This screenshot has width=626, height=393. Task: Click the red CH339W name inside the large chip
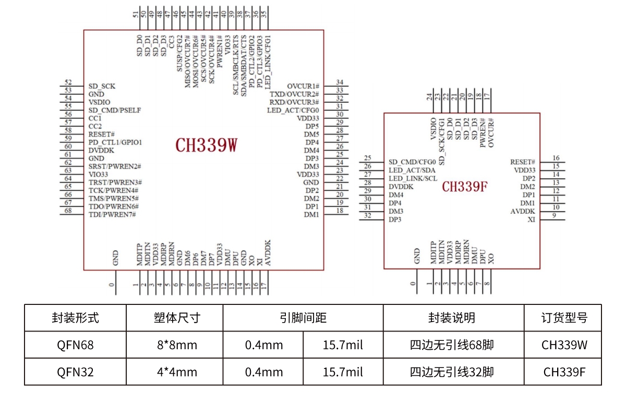tap(206, 145)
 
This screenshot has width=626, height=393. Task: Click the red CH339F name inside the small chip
tap(465, 187)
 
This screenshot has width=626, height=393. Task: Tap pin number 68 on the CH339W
tap(68, 210)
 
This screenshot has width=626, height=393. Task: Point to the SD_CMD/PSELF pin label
tap(114, 110)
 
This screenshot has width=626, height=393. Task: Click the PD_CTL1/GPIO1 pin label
tap(115, 142)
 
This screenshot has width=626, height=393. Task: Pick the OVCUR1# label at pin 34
tap(303, 86)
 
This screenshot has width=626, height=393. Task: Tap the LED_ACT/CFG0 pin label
tap(293, 110)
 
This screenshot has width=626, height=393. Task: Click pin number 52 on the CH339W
tap(68, 82)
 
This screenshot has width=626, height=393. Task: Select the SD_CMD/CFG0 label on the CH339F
tap(412, 162)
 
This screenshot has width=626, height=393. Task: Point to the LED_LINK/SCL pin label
tap(413, 179)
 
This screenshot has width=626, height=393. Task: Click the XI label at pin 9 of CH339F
tap(531, 219)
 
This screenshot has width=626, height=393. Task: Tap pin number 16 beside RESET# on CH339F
tap(556, 158)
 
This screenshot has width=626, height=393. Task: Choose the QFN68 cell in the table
tap(75, 345)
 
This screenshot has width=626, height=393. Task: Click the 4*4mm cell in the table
tap(174, 372)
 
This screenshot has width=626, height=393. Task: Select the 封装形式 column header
tap(75, 317)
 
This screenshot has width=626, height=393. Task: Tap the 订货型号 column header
tap(563, 317)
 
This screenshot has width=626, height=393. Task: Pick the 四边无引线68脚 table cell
tap(453, 345)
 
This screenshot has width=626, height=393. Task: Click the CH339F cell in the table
tap(563, 372)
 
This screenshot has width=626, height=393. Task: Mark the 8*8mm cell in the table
tap(174, 345)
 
